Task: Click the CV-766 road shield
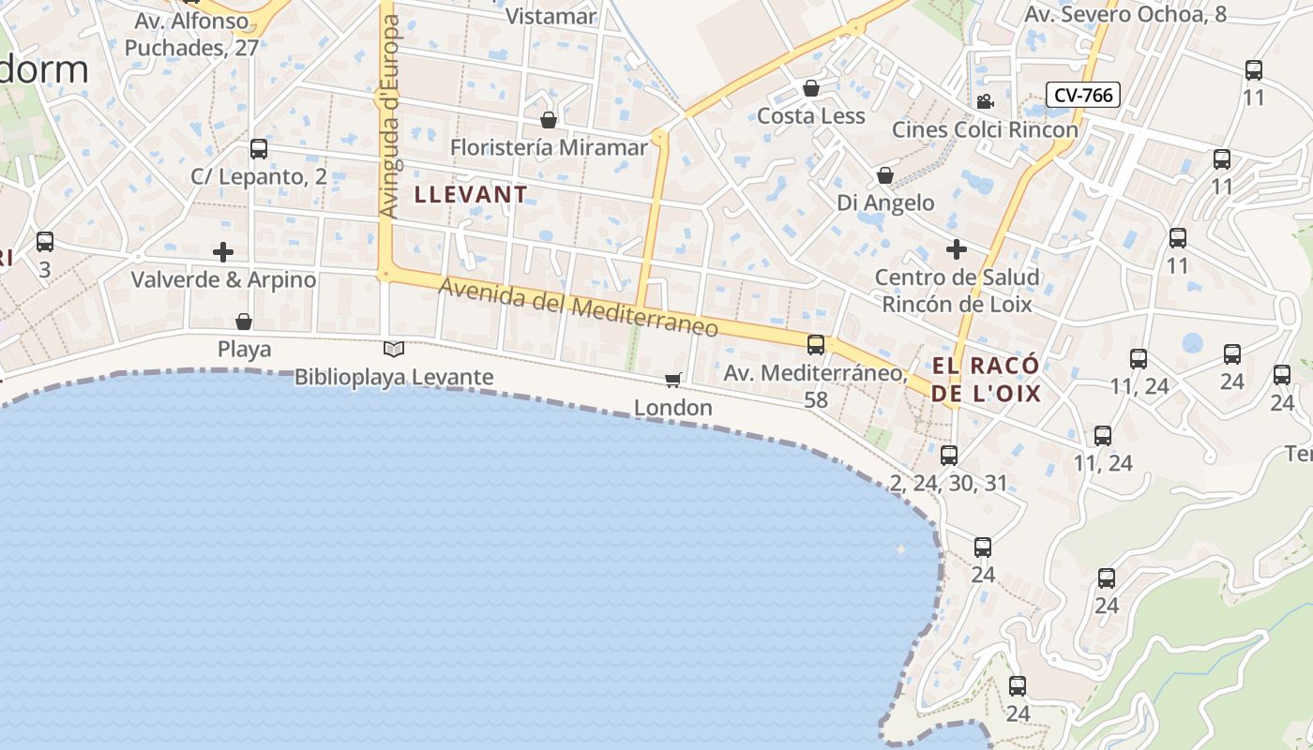point(1083,95)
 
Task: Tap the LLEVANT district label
point(471,195)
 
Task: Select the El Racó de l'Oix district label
point(987,379)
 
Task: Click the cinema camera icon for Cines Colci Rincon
point(985,102)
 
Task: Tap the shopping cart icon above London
point(672,380)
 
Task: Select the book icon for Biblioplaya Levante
point(394,350)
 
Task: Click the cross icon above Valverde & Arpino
point(223,252)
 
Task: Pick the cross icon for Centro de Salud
point(957,249)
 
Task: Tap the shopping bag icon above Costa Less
point(811,89)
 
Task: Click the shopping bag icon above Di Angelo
point(884,175)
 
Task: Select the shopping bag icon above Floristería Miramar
point(549,121)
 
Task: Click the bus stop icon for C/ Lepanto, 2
point(259,149)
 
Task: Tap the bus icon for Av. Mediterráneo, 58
point(816,345)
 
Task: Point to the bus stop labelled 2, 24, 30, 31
point(949,456)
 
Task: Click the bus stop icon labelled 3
point(45,242)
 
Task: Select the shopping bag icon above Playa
point(244,322)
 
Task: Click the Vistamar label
point(551,16)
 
